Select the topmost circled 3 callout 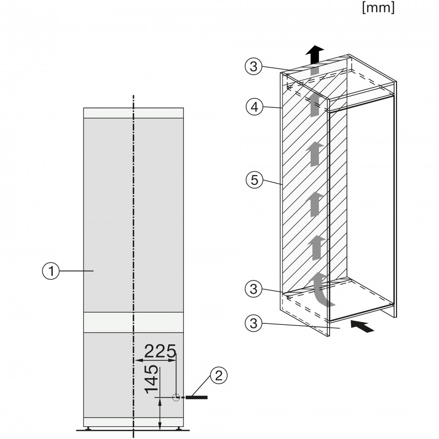252,67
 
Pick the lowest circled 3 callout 252,322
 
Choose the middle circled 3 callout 252,289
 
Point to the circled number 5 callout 252,180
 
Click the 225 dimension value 160,351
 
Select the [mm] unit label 378,9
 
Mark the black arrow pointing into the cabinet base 363,326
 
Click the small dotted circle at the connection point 176,398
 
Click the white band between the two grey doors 134,322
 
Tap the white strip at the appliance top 134,113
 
